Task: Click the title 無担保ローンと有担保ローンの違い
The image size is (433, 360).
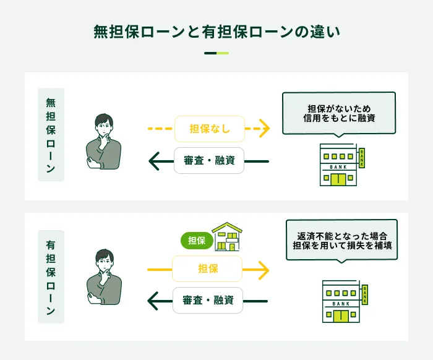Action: (x=216, y=32)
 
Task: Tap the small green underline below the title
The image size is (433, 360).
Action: (x=216, y=53)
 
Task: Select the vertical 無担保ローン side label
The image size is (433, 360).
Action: (x=51, y=135)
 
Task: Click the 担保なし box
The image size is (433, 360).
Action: (x=210, y=129)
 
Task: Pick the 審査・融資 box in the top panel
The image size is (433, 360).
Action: (x=209, y=161)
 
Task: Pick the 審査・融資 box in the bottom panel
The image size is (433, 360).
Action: (x=208, y=301)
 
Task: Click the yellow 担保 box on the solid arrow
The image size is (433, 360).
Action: (x=207, y=269)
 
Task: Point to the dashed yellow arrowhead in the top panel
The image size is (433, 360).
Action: (x=264, y=129)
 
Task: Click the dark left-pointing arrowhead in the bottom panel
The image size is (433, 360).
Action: (x=154, y=302)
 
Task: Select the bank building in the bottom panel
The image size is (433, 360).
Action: (x=342, y=301)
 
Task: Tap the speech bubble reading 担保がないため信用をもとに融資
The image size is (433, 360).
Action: (x=338, y=113)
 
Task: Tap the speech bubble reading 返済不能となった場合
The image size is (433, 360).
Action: (x=341, y=241)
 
